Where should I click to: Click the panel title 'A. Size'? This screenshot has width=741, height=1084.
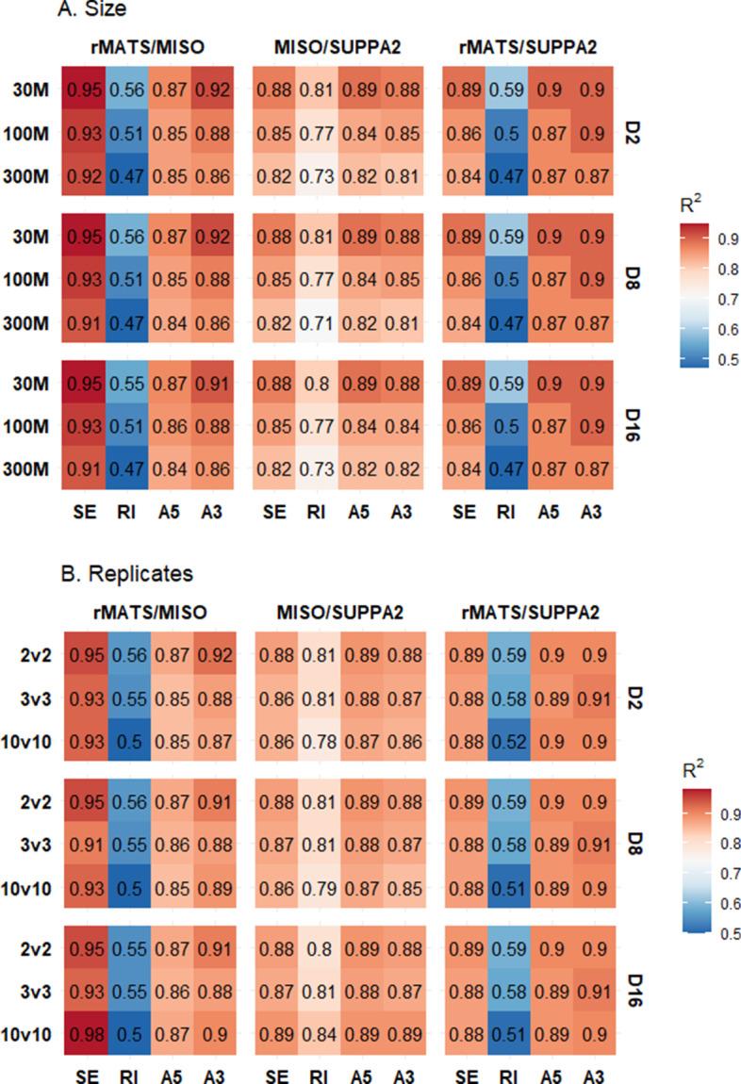pos(37,10)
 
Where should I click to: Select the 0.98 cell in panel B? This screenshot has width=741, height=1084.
pos(82,1043)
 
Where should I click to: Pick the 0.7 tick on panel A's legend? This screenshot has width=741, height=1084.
pos(719,299)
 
